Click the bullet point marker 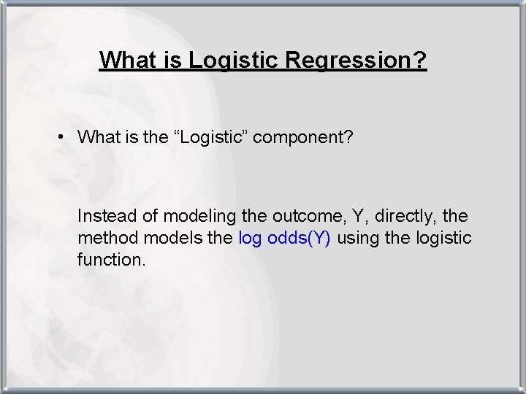click(x=65, y=136)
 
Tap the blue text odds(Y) click(x=300, y=238)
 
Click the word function click(x=110, y=259)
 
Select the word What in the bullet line click(x=97, y=136)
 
